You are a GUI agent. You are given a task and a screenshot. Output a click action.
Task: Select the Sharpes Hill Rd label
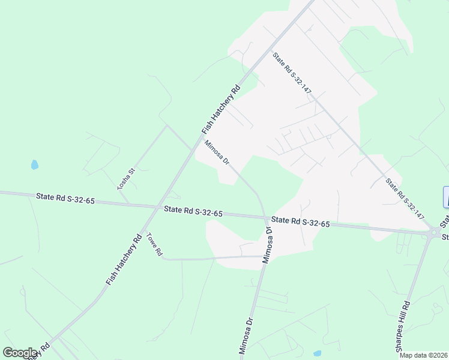coord(402,328)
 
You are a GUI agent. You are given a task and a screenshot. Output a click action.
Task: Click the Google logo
coord(20,353)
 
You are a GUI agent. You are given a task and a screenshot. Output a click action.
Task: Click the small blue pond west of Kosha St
coord(34,164)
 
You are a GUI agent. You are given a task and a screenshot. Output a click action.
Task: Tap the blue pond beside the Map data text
coord(317,353)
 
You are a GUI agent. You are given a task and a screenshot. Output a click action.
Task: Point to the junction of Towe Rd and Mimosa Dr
coord(263,257)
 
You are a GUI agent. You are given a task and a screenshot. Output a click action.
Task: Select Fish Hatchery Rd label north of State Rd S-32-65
coord(221,109)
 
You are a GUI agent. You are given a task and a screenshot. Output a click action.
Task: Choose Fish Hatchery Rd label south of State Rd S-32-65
coord(124,259)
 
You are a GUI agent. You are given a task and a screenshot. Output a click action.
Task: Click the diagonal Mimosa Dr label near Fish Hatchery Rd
coord(217,153)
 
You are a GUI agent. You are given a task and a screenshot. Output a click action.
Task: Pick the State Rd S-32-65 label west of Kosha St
coord(65,198)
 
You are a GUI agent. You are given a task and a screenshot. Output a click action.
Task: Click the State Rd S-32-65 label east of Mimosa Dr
coord(300,222)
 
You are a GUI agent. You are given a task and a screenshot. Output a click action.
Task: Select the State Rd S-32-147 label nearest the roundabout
coord(405,199)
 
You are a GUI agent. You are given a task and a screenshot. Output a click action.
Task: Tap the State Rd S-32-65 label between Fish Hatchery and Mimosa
coord(193,211)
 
